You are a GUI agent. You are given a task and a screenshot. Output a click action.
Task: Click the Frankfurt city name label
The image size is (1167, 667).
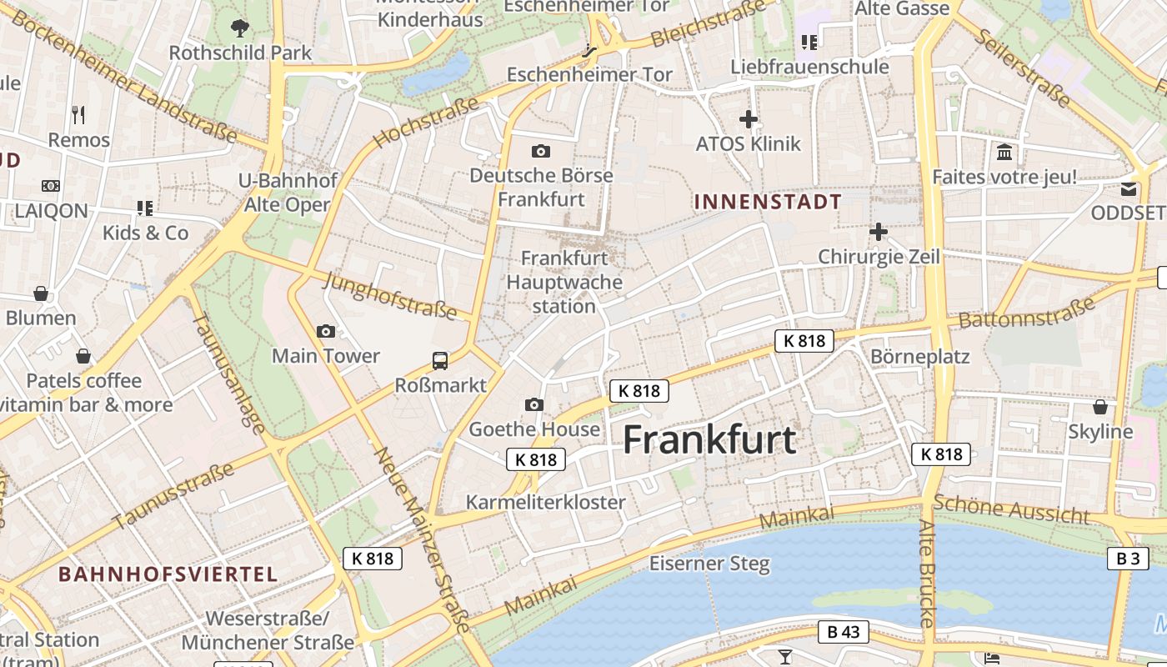point(709,439)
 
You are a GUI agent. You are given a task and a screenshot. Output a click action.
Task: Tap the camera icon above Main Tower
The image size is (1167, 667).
point(326,332)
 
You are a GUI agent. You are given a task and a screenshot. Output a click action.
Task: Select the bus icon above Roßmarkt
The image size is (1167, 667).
point(440,361)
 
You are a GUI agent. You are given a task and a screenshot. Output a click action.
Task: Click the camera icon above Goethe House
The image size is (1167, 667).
point(534,405)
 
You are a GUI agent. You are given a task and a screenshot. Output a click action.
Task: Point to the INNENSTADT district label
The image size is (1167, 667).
point(768,202)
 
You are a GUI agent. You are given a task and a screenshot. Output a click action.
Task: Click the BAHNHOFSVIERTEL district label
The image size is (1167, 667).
point(168,574)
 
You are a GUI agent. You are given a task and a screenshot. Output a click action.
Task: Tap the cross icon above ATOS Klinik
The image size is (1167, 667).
point(749,119)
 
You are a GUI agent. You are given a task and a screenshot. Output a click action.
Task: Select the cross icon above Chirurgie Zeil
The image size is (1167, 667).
point(879,232)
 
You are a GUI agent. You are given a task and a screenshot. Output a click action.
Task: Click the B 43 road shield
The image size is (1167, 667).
point(844,632)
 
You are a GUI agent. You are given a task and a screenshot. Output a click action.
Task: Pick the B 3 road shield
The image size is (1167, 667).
point(1128,558)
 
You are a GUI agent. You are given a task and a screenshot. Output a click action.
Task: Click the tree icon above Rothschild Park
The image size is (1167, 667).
point(240,28)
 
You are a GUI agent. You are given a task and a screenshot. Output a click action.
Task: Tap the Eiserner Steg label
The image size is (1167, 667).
point(710,564)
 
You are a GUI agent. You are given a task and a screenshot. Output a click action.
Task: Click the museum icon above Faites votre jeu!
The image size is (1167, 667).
point(1004,153)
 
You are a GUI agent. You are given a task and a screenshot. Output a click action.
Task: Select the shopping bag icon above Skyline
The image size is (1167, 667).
point(1100,407)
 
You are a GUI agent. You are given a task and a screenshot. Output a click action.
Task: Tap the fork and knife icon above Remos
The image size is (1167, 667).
point(78,114)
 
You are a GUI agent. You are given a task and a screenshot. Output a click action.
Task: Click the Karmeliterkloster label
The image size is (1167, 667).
point(546,502)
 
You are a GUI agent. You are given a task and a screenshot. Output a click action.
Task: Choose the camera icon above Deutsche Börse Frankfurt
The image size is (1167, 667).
point(541,151)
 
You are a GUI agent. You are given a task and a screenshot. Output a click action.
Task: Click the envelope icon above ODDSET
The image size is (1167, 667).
point(1129,189)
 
